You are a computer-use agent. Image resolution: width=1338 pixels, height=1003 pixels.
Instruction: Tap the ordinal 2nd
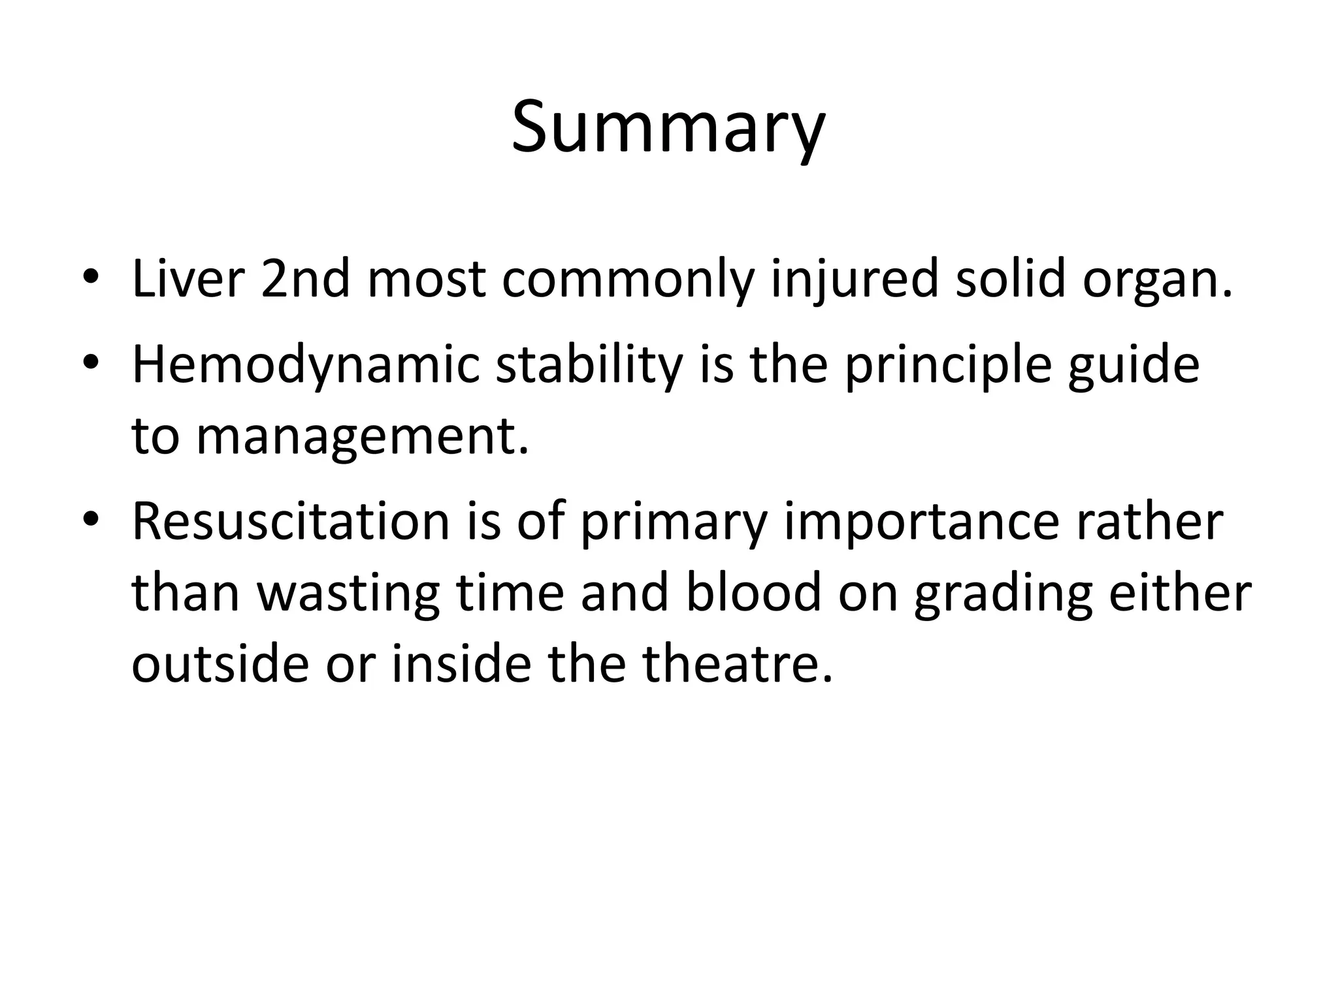pos(306,279)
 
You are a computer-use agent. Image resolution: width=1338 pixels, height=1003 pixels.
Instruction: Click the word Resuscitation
pos(291,522)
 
